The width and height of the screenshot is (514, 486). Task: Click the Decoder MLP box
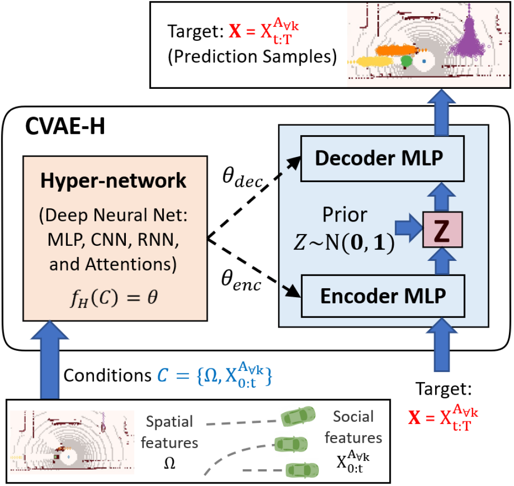(382, 158)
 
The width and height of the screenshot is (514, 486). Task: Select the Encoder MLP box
(383, 296)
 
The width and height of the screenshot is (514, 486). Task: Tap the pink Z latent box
(442, 230)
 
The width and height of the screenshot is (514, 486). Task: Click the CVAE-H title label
(65, 126)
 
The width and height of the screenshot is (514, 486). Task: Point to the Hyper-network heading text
(113, 180)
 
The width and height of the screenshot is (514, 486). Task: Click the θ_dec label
(243, 178)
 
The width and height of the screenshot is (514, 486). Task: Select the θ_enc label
(241, 280)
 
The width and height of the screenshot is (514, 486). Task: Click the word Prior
(345, 215)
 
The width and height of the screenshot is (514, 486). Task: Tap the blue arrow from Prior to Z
(409, 228)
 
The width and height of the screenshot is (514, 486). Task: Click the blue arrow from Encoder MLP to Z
(442, 261)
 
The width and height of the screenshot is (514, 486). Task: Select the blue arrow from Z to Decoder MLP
(442, 197)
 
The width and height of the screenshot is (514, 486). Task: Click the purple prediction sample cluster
(468, 36)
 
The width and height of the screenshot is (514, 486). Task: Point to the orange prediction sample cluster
(396, 50)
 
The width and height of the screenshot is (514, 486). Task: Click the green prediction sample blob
(406, 61)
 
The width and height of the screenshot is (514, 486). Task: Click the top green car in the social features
(298, 416)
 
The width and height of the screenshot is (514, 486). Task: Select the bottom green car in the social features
(302, 470)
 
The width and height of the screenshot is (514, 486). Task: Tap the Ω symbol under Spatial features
(169, 463)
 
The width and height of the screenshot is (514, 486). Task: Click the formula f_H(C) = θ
(114, 298)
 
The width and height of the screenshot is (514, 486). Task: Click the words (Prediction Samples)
(252, 57)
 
